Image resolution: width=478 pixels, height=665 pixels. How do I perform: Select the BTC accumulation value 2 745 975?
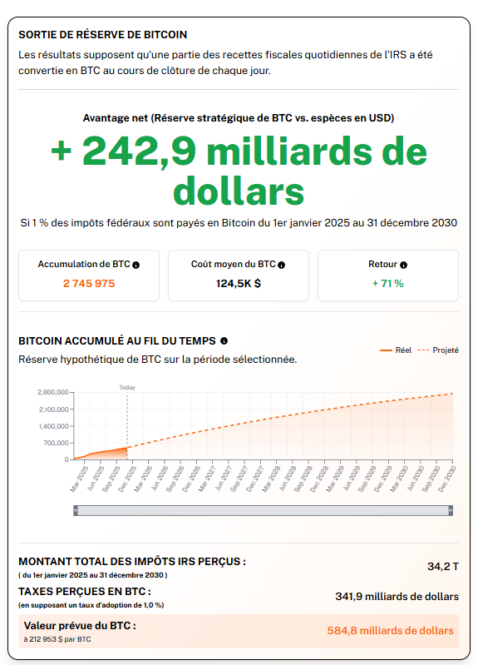coord(89,283)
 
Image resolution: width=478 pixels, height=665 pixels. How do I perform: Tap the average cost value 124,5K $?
coord(239,283)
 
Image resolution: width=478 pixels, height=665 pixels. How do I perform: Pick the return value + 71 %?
coord(387,283)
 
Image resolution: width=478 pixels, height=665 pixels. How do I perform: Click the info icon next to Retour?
coord(403,265)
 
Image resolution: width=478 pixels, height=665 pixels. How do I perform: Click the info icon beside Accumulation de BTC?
coord(136,265)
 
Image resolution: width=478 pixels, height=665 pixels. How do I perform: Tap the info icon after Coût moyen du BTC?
coord(281,265)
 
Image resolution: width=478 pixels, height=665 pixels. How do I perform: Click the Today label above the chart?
coord(126,387)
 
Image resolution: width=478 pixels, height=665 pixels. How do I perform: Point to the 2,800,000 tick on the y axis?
coord(52,392)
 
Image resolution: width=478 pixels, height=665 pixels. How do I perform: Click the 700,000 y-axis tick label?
coord(56,443)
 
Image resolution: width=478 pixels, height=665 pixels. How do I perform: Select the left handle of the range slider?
coord(76,510)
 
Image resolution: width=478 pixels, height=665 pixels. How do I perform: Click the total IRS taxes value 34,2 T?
coord(442,566)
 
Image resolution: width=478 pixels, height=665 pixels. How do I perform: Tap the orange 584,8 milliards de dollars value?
coord(391,630)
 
